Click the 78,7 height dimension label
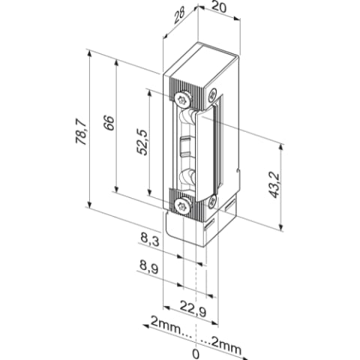81,131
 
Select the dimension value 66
109,123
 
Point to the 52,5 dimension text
142,142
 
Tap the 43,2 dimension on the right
275,184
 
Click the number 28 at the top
179,16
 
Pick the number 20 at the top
219,7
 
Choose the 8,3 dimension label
150,240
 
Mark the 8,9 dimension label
149,268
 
